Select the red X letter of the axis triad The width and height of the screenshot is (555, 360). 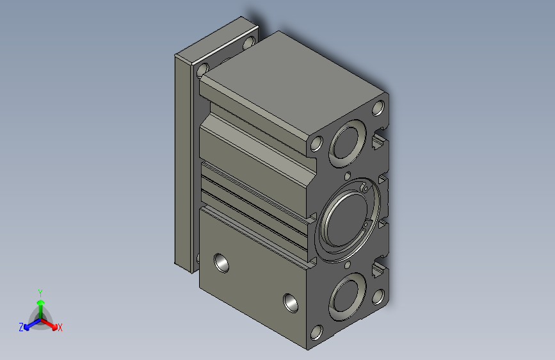pyautogui.click(x=60, y=327)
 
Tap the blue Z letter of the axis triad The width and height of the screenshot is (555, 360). pyautogui.click(x=21, y=327)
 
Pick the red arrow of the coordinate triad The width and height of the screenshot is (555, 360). pyautogui.click(x=51, y=322)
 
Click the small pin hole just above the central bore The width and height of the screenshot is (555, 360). pyautogui.click(x=347, y=175)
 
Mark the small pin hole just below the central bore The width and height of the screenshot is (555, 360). pyautogui.click(x=347, y=264)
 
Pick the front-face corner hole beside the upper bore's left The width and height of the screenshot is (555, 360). pyautogui.click(x=316, y=144)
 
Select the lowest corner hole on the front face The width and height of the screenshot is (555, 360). pyautogui.click(x=316, y=332)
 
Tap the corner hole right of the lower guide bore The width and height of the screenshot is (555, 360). pyautogui.click(x=378, y=296)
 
